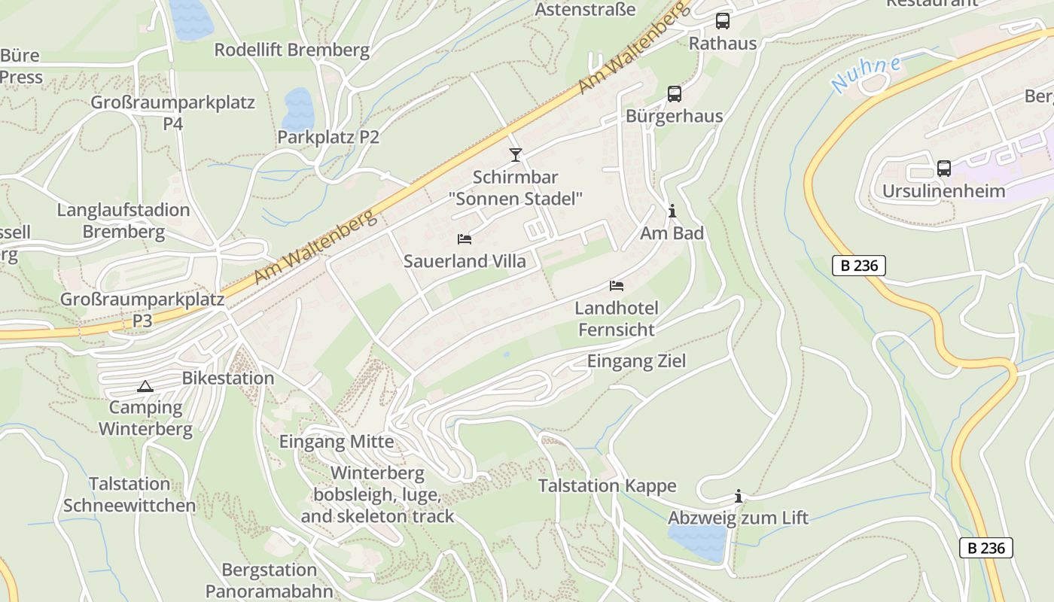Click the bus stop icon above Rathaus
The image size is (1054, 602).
coord(723,21)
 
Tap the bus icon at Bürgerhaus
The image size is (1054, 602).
coord(675,94)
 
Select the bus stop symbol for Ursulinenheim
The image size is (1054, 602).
coord(944,169)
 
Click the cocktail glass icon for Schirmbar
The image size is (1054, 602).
coord(516,155)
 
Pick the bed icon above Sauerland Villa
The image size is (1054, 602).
coord(465,239)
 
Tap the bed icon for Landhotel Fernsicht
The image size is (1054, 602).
coord(617,286)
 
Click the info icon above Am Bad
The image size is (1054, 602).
coord(672,211)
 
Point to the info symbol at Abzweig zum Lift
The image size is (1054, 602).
coord(739,496)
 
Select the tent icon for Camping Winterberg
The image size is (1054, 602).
coord(145,387)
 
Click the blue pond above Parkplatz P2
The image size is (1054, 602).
coord(298,109)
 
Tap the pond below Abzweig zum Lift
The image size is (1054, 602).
coord(698,542)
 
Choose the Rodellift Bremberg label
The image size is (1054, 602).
coord(292,50)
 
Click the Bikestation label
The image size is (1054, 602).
coord(228,378)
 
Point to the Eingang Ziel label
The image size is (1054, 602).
coord(637,361)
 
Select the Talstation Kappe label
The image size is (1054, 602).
coord(607,486)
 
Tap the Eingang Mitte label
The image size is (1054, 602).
coord(337,442)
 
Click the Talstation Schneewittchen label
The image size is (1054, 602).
coord(129,494)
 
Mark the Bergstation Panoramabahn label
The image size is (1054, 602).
coord(269,580)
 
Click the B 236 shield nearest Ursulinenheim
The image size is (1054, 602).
coord(859,266)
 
